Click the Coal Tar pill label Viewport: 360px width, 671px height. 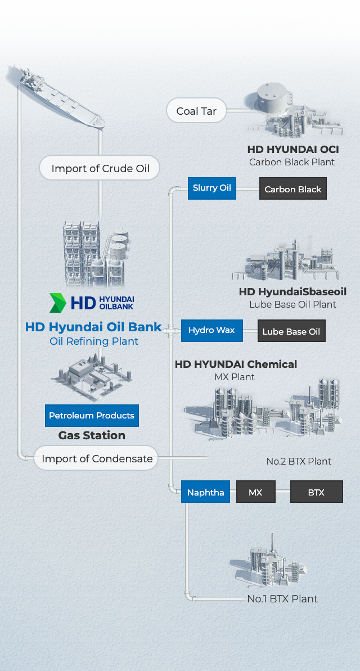tap(196, 111)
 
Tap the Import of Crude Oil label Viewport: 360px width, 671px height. tap(100, 168)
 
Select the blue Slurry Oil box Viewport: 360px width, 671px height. tap(212, 188)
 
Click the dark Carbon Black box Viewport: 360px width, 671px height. tap(293, 189)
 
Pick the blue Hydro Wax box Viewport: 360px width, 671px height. tap(212, 330)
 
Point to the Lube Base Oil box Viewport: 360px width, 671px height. tap(291, 331)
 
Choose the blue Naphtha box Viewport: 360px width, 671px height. tap(205, 492)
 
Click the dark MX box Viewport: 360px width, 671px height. tap(255, 492)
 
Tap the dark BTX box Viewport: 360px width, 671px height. tap(316, 492)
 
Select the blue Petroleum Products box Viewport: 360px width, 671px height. tap(92, 415)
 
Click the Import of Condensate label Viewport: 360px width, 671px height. tap(97, 458)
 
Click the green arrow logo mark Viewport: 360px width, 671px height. tap(58, 303)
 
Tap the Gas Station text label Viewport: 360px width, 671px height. tap(92, 435)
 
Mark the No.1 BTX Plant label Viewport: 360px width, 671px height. tap(282, 598)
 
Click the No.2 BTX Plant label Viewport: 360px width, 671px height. tap(299, 461)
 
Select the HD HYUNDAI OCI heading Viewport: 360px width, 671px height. tap(293, 150)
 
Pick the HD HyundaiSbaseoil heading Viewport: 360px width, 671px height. tap(293, 291)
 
